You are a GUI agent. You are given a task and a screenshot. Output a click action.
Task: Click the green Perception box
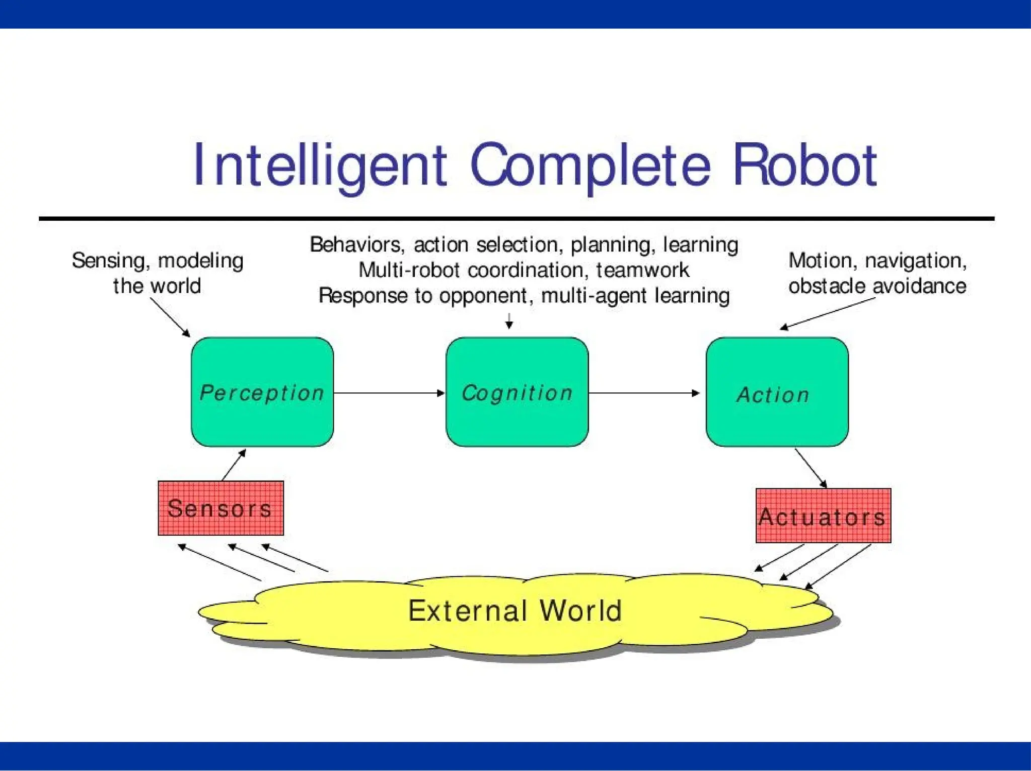262,392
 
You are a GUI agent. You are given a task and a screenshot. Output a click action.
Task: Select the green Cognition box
517,392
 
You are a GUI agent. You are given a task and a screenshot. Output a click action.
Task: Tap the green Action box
777,392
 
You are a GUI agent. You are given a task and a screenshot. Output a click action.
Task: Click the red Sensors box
220,508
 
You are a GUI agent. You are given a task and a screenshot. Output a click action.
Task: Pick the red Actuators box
823,516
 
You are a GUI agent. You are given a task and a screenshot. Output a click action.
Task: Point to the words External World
514,611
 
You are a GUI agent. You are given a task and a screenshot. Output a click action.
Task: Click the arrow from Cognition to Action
644,393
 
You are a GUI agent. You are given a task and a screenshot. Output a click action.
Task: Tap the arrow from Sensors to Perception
234,465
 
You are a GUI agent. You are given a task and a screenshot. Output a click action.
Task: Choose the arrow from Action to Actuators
811,468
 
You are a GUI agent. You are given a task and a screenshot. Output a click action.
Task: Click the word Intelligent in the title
320,165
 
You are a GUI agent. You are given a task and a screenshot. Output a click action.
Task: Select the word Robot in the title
804,165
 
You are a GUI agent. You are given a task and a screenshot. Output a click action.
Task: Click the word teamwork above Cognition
642,270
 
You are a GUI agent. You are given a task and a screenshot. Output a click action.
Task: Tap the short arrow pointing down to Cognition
509,321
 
